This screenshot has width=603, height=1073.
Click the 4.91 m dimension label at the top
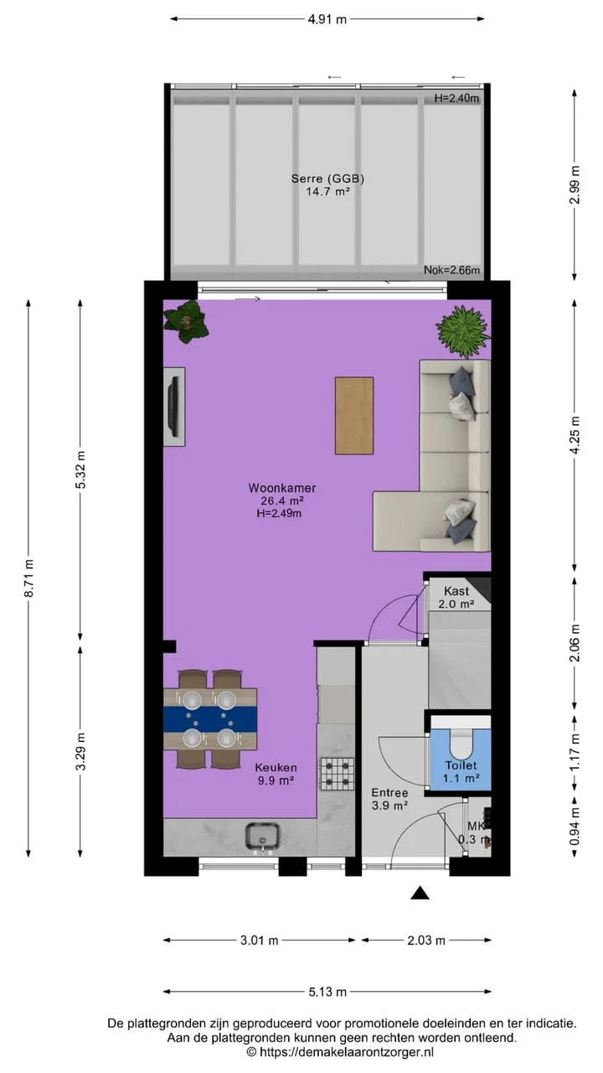[327, 19]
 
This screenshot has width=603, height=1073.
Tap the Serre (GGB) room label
[327, 179]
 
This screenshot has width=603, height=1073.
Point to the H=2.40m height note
[456, 99]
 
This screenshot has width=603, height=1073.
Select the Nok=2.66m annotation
[451, 270]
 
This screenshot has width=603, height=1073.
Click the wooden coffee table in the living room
[354, 415]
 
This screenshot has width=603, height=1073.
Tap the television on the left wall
[175, 407]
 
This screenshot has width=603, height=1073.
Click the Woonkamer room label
[282, 488]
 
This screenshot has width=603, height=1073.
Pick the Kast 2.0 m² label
[456, 598]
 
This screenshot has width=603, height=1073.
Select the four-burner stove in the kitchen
[338, 774]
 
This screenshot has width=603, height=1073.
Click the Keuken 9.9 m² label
[276, 774]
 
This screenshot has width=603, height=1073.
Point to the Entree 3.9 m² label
[389, 799]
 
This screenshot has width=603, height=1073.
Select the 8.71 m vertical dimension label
[29, 578]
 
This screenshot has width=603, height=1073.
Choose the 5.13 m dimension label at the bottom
[327, 992]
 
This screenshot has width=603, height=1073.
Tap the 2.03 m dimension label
[426, 941]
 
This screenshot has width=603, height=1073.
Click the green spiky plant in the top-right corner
[463, 331]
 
